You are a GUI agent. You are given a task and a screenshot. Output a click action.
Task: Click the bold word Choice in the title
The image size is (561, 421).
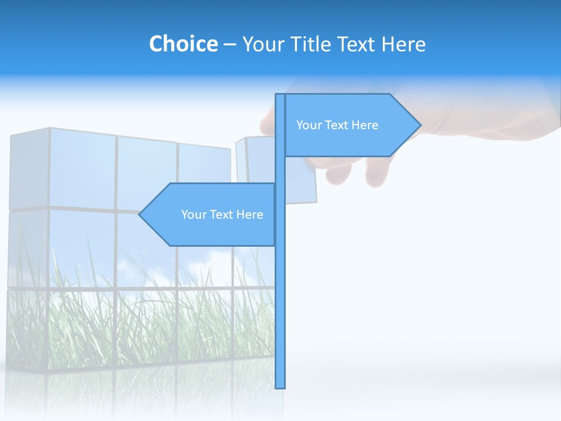pyautogui.click(x=183, y=44)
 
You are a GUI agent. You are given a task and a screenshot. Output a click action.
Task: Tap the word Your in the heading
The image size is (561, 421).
pyautogui.click(x=264, y=44)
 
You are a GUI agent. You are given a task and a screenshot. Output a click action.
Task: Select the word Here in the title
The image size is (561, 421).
pyautogui.click(x=404, y=44)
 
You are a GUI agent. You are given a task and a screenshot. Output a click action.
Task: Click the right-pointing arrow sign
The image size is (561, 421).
pyautogui.click(x=351, y=125)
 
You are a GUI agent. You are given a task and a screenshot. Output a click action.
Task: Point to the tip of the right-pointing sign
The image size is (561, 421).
pyautogui.click(x=420, y=125)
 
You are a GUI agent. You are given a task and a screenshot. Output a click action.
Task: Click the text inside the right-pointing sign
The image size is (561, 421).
pyautogui.click(x=337, y=125)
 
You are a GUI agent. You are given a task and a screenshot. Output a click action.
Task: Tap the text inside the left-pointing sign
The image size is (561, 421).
pyautogui.click(x=222, y=215)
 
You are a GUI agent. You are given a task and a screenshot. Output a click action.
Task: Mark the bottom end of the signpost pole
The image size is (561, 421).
pyautogui.click(x=280, y=387)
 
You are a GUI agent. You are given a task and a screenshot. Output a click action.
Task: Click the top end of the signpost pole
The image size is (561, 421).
pyautogui.click(x=280, y=95)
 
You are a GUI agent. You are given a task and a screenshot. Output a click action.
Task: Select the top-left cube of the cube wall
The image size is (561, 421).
pyautogui.click(x=29, y=168)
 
